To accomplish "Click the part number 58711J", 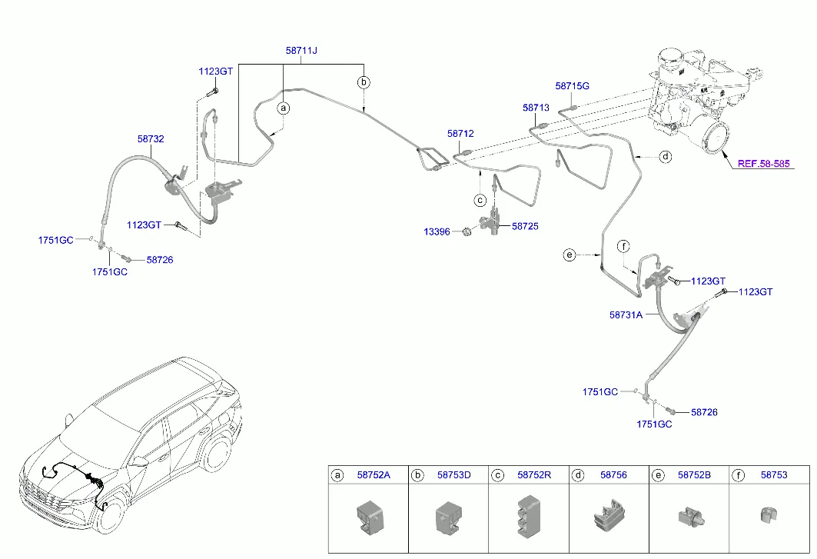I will pyautogui.click(x=301, y=51).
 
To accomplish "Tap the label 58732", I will pyautogui.click(x=151, y=139).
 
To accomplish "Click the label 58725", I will pyautogui.click(x=525, y=227).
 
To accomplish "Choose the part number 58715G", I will pyautogui.click(x=572, y=86).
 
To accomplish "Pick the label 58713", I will pyautogui.click(x=536, y=109).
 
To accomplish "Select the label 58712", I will pyautogui.click(x=460, y=134).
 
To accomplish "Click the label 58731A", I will pyautogui.click(x=626, y=314).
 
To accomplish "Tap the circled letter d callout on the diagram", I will pyautogui.click(x=666, y=157).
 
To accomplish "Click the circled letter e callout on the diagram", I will pyautogui.click(x=570, y=255).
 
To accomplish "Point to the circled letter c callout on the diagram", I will pyautogui.click(x=480, y=201).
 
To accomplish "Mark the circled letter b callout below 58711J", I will pyautogui.click(x=364, y=82).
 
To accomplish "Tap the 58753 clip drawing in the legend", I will pyautogui.click(x=766, y=515).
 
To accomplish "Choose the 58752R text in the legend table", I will pyautogui.click(x=534, y=475).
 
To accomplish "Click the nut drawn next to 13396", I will pyautogui.click(x=467, y=231).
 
